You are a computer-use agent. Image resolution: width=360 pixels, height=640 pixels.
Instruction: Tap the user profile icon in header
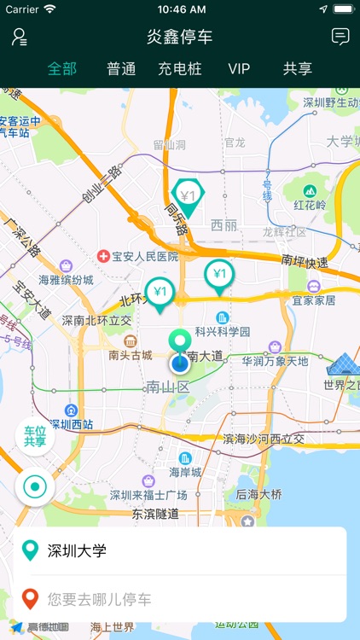(19, 37)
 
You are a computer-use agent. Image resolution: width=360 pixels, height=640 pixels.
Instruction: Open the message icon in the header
(340, 37)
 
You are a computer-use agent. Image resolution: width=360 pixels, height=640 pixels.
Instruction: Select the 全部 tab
(62, 69)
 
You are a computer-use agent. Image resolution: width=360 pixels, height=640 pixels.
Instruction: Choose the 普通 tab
(121, 69)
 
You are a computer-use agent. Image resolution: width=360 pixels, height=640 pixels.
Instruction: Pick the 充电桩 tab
(180, 69)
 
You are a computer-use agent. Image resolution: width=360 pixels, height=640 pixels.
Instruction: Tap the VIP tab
(239, 69)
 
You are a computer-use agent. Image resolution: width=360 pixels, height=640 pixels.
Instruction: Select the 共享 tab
(298, 69)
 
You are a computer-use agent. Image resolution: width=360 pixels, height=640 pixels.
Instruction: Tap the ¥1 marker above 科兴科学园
(219, 275)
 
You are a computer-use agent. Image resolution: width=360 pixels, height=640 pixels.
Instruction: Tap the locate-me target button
(35, 487)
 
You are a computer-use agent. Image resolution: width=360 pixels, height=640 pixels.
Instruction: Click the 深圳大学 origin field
(180, 550)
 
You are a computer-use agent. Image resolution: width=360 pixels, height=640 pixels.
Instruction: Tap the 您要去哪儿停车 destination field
(180, 599)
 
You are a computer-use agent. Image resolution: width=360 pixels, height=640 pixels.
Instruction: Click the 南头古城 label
(131, 355)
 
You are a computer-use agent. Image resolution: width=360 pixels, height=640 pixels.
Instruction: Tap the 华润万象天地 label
(275, 361)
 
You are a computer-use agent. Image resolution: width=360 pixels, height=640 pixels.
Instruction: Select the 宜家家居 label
(314, 300)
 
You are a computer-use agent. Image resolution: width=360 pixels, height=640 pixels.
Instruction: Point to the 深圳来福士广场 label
(148, 495)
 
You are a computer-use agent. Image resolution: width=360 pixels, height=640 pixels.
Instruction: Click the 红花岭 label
(310, 205)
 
